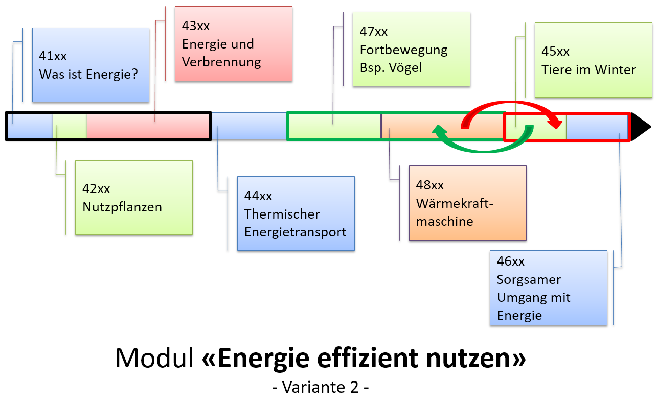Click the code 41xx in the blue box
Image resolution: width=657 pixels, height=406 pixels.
[x=53, y=56]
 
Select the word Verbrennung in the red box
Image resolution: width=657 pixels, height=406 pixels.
[x=221, y=63]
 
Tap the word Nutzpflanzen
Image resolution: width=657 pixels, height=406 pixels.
[x=122, y=207]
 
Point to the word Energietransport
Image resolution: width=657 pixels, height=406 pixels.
[x=295, y=232]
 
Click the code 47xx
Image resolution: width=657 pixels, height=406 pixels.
[x=374, y=32]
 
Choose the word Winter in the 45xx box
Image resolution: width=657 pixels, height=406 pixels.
[x=618, y=70]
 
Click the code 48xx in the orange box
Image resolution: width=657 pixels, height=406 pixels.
[x=430, y=185]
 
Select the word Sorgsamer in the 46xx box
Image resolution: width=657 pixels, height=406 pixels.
[x=522, y=280]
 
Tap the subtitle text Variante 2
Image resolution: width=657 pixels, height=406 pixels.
[x=321, y=387]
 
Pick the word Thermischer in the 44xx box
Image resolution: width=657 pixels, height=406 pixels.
[x=282, y=214]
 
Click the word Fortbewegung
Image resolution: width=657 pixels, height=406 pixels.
[x=403, y=50]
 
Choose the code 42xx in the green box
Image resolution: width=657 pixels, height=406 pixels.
[x=96, y=189]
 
